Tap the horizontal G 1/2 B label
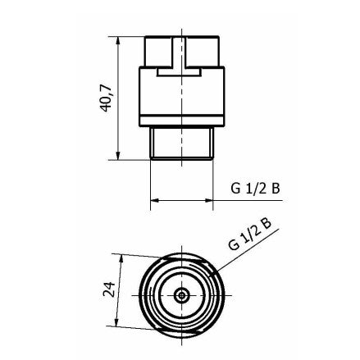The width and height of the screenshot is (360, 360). click(255, 188)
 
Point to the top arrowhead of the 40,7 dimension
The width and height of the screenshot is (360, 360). click(120, 39)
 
